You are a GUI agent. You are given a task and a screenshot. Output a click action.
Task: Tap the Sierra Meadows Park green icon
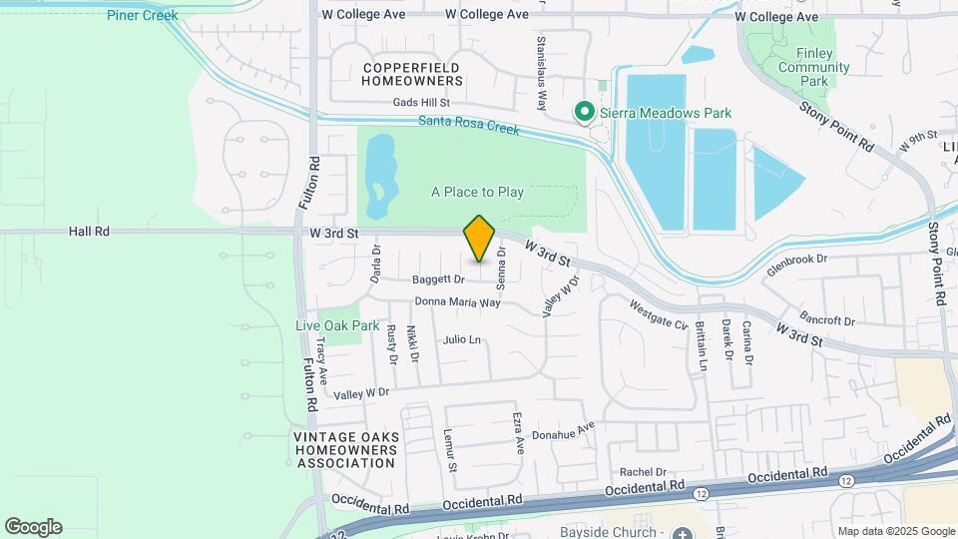click(x=585, y=113)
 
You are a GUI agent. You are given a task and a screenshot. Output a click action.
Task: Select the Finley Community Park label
click(x=814, y=67)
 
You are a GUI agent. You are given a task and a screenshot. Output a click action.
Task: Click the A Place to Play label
click(x=477, y=192)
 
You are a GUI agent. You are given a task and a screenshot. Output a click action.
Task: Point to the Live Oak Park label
click(x=337, y=325)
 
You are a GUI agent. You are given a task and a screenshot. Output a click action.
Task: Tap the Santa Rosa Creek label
click(x=468, y=127)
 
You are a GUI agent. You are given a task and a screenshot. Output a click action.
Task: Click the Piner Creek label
click(x=143, y=15)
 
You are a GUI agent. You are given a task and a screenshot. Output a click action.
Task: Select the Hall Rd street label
click(x=89, y=231)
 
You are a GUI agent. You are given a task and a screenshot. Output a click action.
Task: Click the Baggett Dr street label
click(x=440, y=279)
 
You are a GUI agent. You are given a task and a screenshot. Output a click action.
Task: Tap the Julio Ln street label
click(x=462, y=339)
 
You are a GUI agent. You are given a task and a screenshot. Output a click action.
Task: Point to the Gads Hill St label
click(x=422, y=103)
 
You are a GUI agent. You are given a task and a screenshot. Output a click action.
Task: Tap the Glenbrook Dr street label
click(x=797, y=259)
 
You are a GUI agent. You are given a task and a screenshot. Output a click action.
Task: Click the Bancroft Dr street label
click(x=828, y=321)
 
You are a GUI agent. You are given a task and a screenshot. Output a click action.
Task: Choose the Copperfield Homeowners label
click(x=412, y=73)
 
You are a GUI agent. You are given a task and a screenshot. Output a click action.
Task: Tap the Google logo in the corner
click(x=33, y=527)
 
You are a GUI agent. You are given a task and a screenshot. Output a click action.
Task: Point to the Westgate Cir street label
click(x=659, y=315)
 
